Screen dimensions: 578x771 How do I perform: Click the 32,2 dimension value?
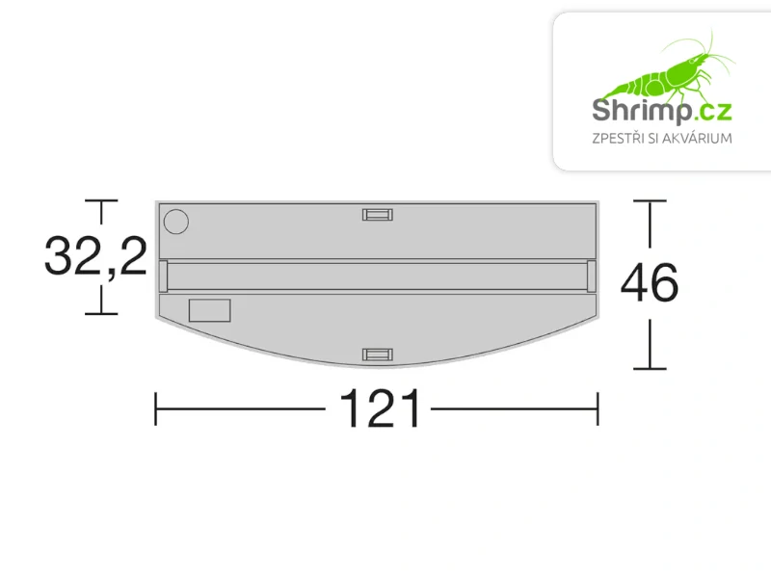click(x=94, y=257)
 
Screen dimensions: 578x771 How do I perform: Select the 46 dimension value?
click(x=650, y=284)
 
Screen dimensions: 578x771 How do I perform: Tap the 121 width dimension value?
click(x=380, y=409)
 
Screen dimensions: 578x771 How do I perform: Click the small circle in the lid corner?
click(x=175, y=222)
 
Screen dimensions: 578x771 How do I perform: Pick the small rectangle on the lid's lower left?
click(x=209, y=310)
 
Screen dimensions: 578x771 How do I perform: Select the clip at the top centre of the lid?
click(x=377, y=214)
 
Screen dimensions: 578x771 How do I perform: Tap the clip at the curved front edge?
click(x=377, y=355)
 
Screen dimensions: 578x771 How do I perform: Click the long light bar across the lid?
click(x=377, y=276)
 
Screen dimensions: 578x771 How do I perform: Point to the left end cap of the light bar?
click(x=162, y=276)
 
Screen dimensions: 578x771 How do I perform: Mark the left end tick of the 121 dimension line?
click(x=156, y=408)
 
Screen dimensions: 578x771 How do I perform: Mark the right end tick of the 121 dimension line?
click(x=598, y=408)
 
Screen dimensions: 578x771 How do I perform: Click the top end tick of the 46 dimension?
click(x=650, y=201)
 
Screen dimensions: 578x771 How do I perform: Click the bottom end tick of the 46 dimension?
click(x=650, y=369)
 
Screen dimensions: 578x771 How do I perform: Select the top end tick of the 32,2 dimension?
click(x=101, y=201)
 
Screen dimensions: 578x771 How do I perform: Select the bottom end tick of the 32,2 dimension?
click(x=101, y=313)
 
